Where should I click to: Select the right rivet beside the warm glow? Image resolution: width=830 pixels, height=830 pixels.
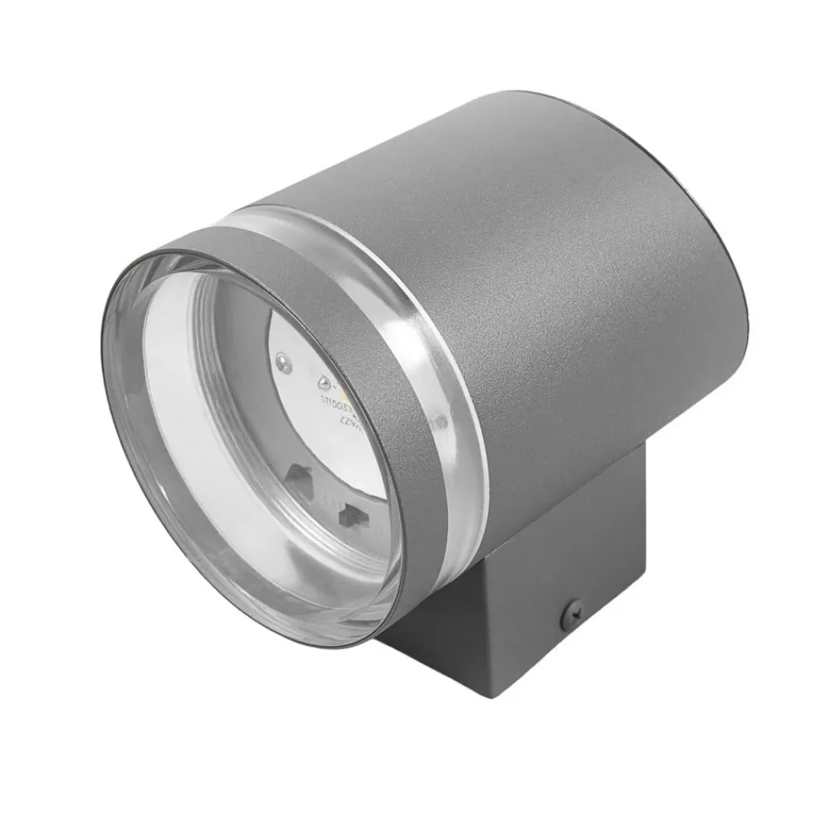[323, 382]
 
